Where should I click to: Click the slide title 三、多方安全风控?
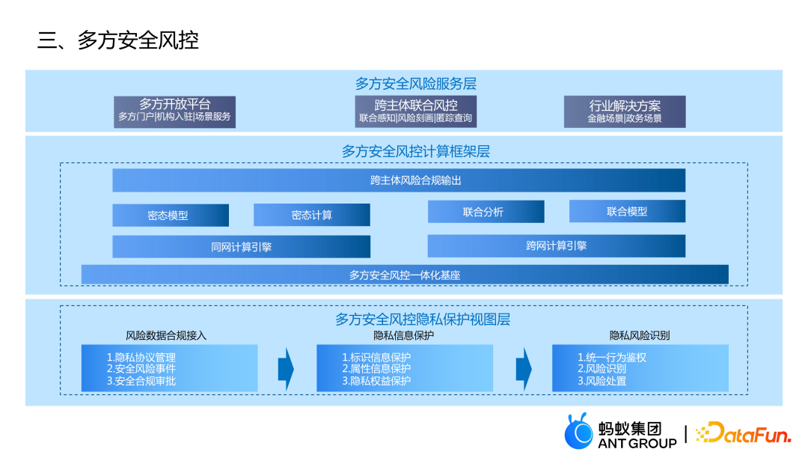click(x=118, y=40)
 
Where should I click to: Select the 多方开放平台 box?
click(x=175, y=111)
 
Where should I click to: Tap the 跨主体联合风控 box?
click(x=415, y=111)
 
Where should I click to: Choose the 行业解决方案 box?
click(x=625, y=112)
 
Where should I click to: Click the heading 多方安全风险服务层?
click(x=415, y=84)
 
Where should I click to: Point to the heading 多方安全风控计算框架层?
click(x=415, y=152)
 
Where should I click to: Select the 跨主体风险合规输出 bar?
click(x=399, y=180)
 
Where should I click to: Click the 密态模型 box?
click(x=171, y=215)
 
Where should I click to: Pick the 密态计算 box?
click(x=312, y=215)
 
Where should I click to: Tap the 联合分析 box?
click(x=486, y=212)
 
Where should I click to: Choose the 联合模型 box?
click(x=627, y=212)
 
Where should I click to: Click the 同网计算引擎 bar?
click(x=241, y=246)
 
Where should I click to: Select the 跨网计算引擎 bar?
click(x=556, y=245)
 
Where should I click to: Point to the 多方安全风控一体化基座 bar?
click(x=404, y=275)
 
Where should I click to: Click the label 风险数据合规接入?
click(x=166, y=335)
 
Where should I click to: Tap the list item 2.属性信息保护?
click(x=376, y=369)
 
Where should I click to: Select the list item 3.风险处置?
click(x=602, y=381)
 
